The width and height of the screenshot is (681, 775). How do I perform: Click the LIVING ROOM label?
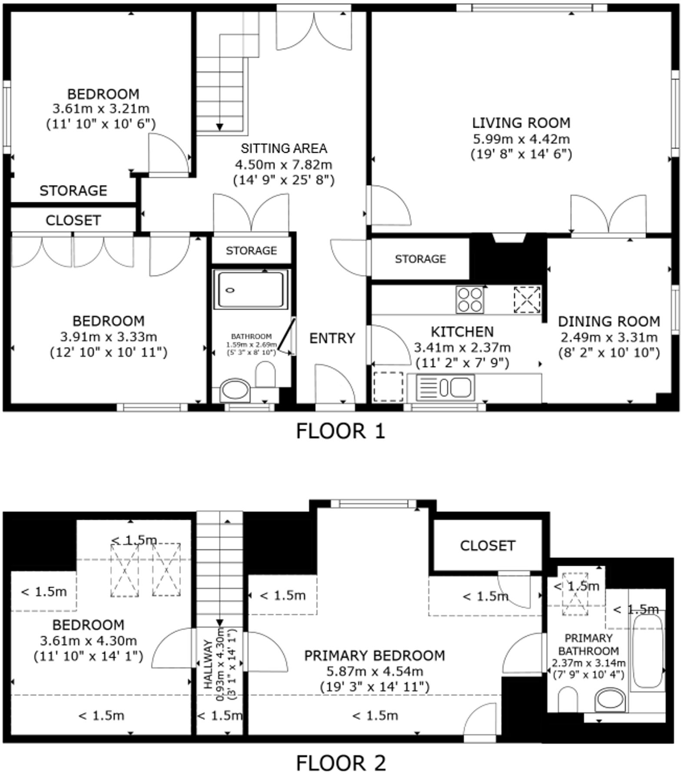(x=521, y=123)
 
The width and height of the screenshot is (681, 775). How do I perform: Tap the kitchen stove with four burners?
(x=469, y=299)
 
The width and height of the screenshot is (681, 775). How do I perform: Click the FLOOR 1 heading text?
(x=340, y=431)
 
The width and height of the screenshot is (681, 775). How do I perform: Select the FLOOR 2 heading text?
(x=340, y=763)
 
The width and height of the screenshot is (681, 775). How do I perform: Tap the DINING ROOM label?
(x=609, y=321)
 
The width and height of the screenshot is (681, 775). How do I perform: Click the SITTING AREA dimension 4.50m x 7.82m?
(x=284, y=165)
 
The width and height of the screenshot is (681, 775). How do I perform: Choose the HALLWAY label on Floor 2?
(x=208, y=664)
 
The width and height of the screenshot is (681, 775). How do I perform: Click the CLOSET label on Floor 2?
(x=488, y=546)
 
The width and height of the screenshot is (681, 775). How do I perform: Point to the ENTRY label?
(x=332, y=338)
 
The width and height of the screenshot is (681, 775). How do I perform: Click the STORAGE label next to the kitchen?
(x=420, y=259)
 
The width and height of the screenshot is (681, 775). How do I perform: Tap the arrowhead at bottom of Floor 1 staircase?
(x=220, y=127)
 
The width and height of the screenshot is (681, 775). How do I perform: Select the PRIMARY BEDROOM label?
(x=374, y=655)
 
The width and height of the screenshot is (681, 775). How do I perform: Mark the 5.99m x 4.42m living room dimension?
(x=521, y=139)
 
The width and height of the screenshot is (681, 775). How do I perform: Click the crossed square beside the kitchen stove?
(x=527, y=299)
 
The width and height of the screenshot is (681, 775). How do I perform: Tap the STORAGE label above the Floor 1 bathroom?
(x=251, y=251)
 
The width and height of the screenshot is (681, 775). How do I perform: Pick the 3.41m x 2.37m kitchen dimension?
(x=462, y=348)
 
